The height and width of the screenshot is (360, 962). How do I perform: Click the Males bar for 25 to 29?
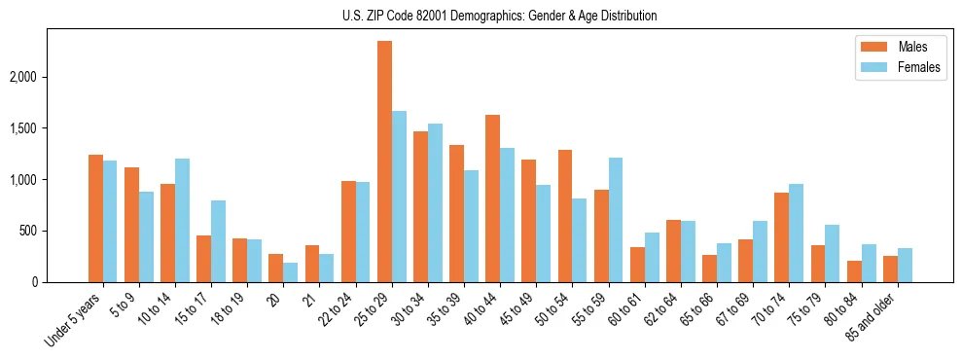384,162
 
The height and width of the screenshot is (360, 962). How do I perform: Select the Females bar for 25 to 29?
399,197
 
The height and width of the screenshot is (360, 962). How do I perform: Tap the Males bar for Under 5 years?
95,218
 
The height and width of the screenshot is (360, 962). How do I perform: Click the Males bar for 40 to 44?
492,198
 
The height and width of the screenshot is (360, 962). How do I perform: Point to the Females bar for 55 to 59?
615,220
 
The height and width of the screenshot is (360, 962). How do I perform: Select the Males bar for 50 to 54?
564,216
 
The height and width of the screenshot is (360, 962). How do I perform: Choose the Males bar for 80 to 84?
853,271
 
